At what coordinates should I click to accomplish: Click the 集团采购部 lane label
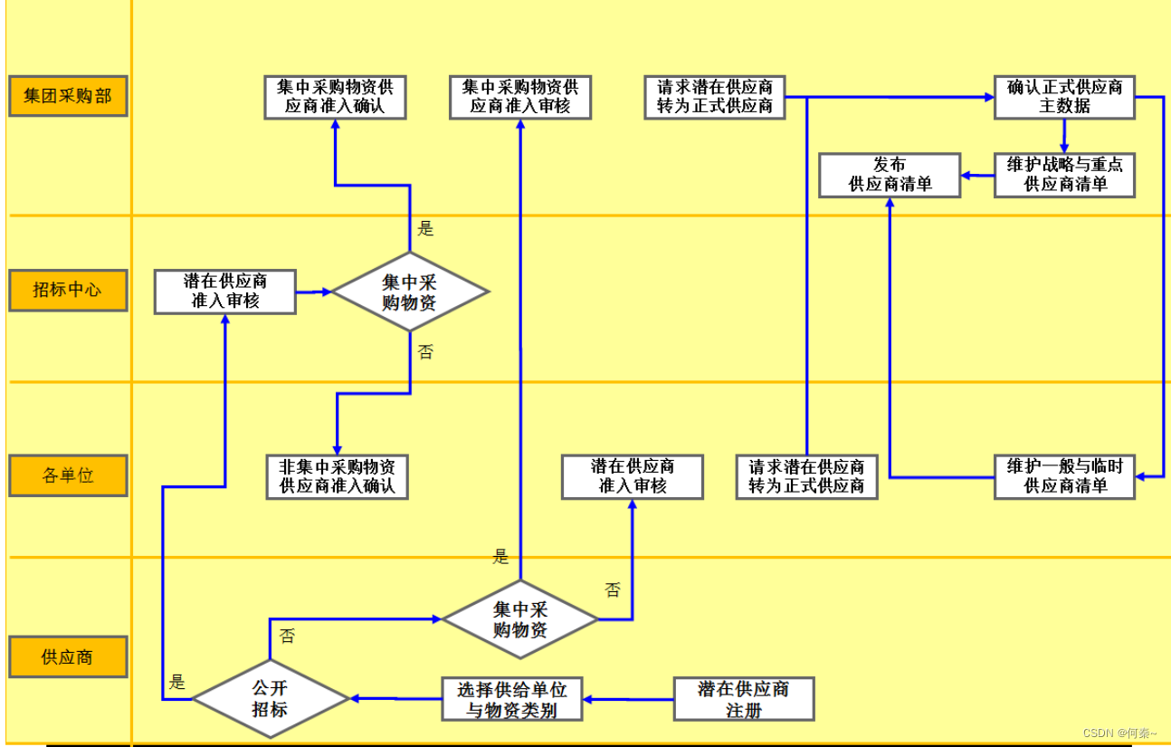point(68,96)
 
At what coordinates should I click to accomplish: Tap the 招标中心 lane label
point(68,291)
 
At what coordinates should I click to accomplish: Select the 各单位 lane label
point(68,475)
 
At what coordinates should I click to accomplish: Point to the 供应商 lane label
point(68,656)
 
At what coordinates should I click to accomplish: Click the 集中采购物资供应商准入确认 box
point(335,97)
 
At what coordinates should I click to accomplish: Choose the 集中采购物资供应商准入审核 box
point(520,97)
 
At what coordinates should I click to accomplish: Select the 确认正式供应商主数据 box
point(1064,97)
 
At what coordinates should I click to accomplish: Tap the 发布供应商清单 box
point(889,175)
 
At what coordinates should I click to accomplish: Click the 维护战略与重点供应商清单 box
point(1064,175)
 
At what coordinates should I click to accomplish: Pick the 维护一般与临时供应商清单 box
point(1064,476)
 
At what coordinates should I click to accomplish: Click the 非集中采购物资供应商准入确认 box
point(337,476)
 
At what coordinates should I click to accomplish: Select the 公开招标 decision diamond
point(271,698)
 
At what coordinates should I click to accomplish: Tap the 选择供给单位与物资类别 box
point(511,699)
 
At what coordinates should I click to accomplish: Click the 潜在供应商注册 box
point(744,699)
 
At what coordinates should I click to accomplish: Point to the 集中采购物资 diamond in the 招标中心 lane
point(410,292)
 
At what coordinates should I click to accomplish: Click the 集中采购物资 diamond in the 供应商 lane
point(520,619)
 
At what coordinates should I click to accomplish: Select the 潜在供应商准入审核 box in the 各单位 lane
point(633,476)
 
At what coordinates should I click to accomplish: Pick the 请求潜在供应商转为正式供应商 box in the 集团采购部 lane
point(715,97)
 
